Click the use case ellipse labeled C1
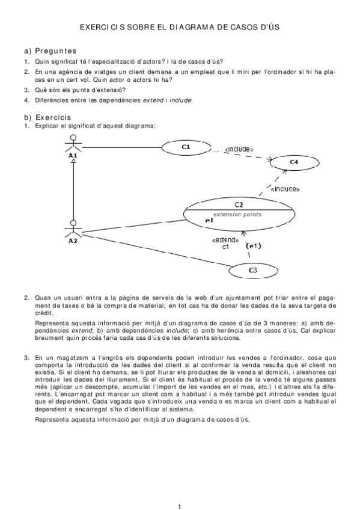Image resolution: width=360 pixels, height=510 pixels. click(x=186, y=146)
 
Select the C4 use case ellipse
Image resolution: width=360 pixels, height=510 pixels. click(x=293, y=162)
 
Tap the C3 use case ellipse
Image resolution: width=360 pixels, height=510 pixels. click(x=253, y=271)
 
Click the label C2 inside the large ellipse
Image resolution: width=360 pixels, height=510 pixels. click(x=239, y=204)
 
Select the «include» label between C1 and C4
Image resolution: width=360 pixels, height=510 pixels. click(x=238, y=149)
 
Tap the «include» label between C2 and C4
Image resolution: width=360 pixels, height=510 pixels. click(x=285, y=189)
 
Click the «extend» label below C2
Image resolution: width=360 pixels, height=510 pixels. click(x=224, y=240)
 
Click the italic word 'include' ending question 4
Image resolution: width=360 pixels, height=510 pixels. click(x=180, y=100)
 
